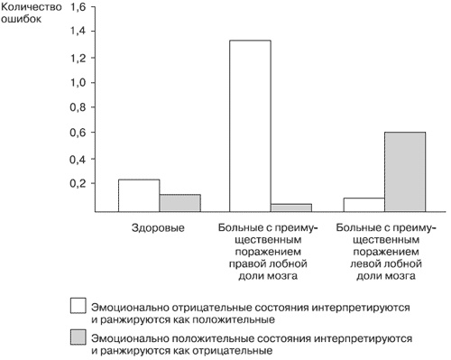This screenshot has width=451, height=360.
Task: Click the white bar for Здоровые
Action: [x=139, y=195]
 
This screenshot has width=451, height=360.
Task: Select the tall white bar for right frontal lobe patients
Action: [x=250, y=125]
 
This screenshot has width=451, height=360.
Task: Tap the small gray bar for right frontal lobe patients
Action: [x=290, y=208]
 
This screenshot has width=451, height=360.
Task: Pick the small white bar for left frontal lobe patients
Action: [x=364, y=205]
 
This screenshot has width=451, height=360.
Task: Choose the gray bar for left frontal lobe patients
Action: [x=404, y=171]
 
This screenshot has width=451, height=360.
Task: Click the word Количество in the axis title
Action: [x=29, y=7]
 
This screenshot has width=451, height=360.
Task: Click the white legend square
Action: [x=78, y=307]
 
